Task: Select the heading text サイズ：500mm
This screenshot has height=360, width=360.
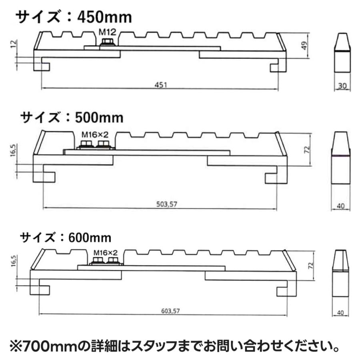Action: point(72,117)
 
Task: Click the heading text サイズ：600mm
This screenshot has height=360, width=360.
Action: point(66,237)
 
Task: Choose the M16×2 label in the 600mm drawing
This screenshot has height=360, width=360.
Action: point(106,253)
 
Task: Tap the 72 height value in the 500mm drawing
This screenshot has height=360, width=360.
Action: point(308,150)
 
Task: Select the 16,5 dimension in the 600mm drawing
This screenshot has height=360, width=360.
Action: point(16,265)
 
